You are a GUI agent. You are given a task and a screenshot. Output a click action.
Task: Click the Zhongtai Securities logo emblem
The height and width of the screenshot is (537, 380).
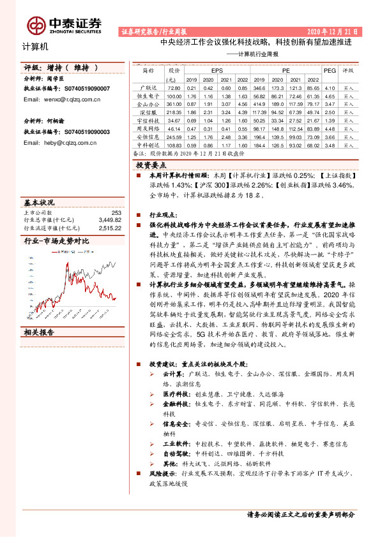click(x=36, y=24)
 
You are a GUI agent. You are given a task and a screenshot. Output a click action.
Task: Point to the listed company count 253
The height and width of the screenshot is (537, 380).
click(x=116, y=213)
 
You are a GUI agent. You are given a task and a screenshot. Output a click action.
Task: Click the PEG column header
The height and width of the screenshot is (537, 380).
click(x=330, y=70)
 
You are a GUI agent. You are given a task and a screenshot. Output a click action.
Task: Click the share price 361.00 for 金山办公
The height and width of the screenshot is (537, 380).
click(x=174, y=103)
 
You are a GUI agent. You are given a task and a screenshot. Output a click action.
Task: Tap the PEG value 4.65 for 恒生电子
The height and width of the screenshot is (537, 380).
click(x=330, y=95)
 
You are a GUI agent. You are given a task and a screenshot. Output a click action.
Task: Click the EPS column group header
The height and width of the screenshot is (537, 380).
click(x=217, y=70)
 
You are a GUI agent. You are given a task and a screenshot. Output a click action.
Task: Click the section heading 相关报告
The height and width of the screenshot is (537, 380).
click(x=39, y=332)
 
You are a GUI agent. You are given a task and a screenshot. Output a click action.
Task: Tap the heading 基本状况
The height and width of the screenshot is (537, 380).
click(x=39, y=202)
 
